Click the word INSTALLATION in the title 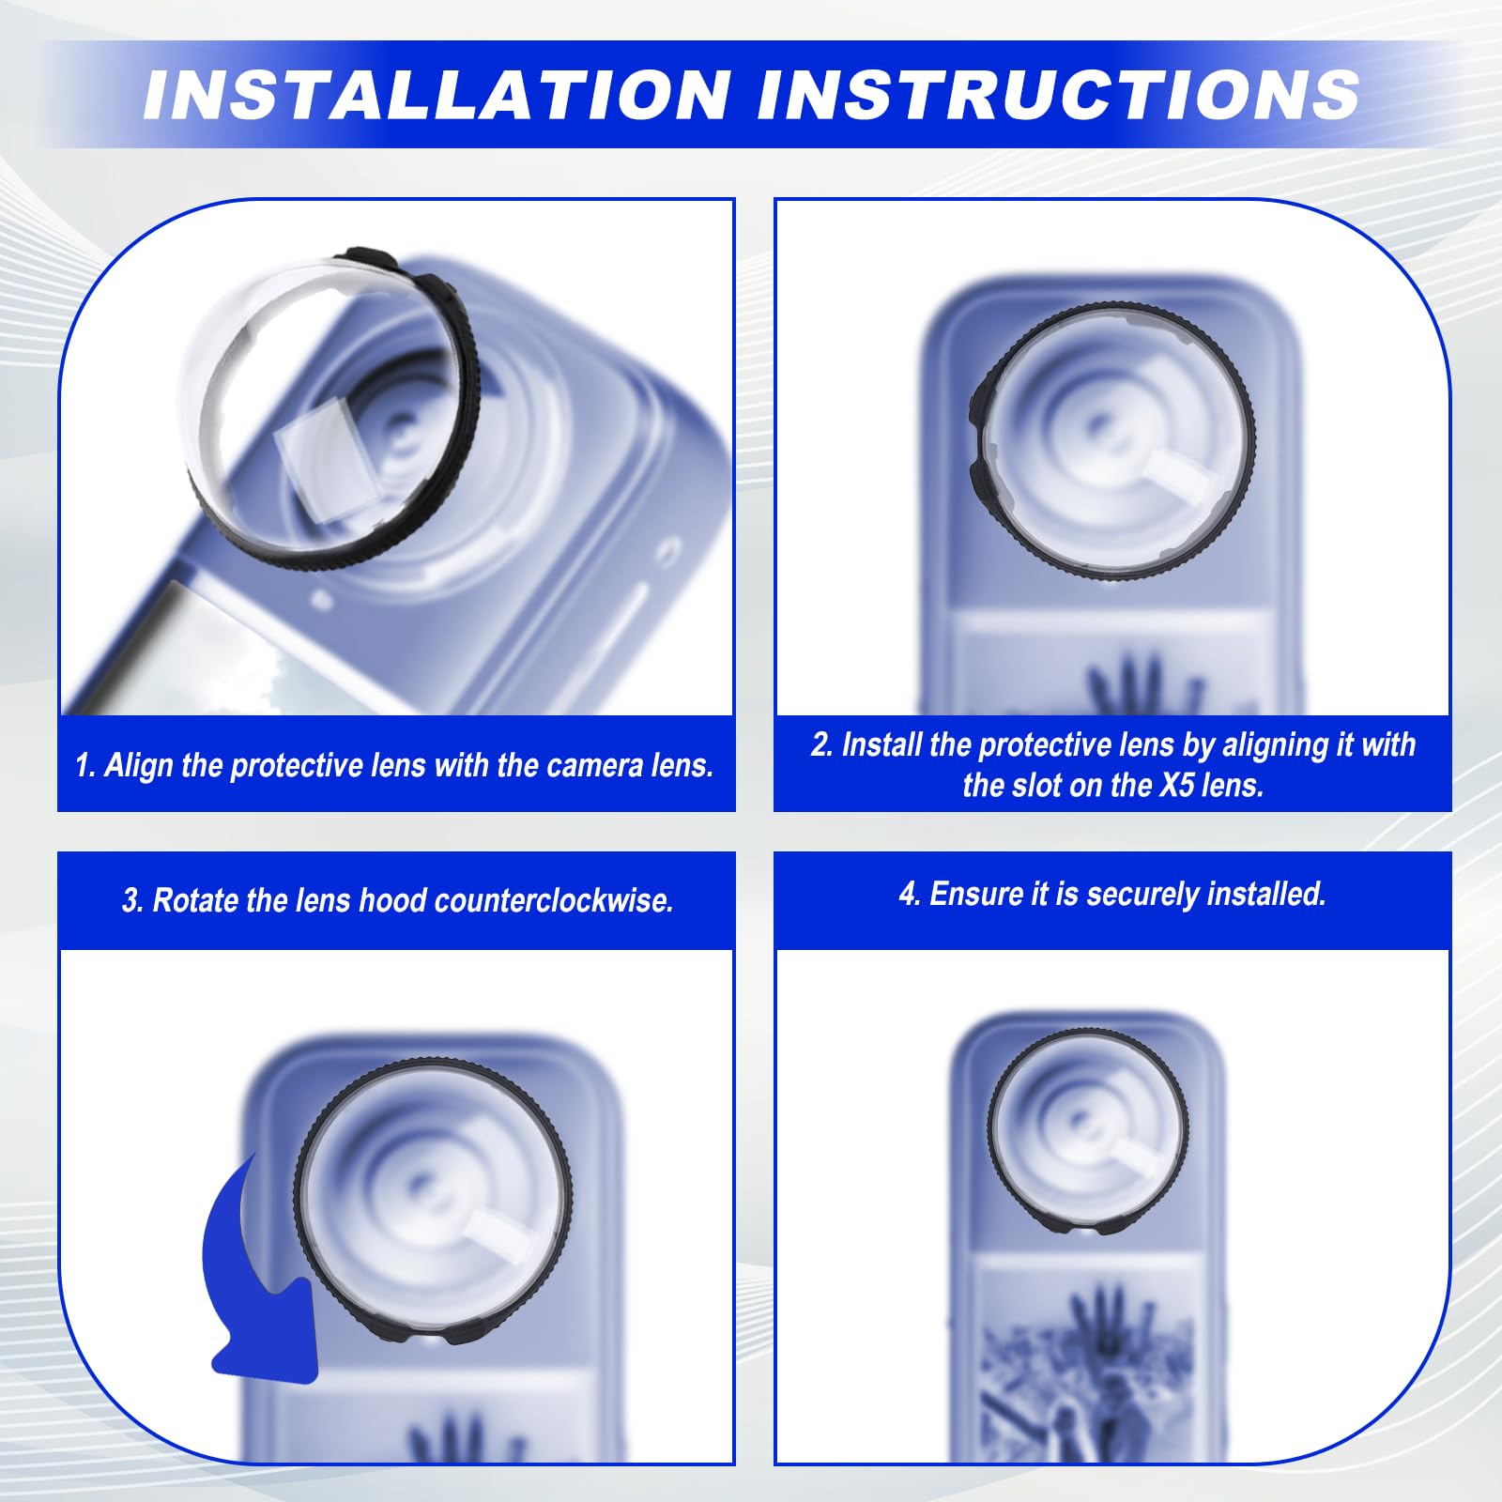[x=437, y=95]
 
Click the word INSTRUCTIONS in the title [x=1059, y=95]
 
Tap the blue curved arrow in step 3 [x=255, y=1286]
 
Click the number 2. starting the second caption [x=822, y=744]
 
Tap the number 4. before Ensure [x=910, y=895]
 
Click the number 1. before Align [x=85, y=766]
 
